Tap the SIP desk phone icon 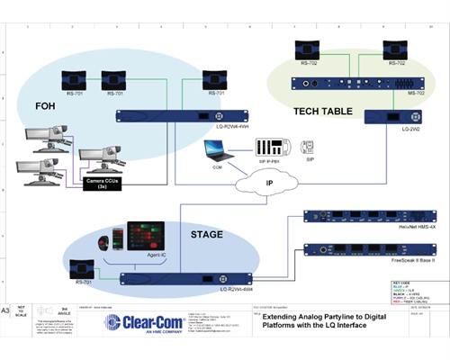[x=308, y=147]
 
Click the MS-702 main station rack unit [x=346, y=85]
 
